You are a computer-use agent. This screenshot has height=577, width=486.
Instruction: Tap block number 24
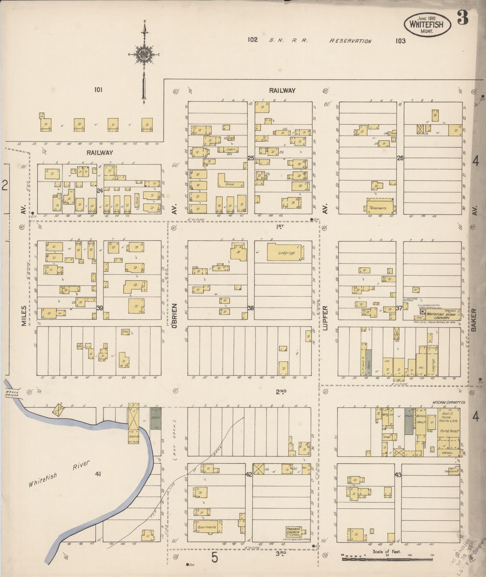pyautogui.click(x=100, y=191)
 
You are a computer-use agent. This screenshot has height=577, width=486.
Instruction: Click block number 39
pyautogui.click(x=100, y=307)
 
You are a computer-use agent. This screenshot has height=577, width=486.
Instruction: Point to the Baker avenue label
pyautogui.click(x=474, y=320)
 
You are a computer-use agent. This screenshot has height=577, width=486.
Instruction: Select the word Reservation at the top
pyautogui.click(x=350, y=41)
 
